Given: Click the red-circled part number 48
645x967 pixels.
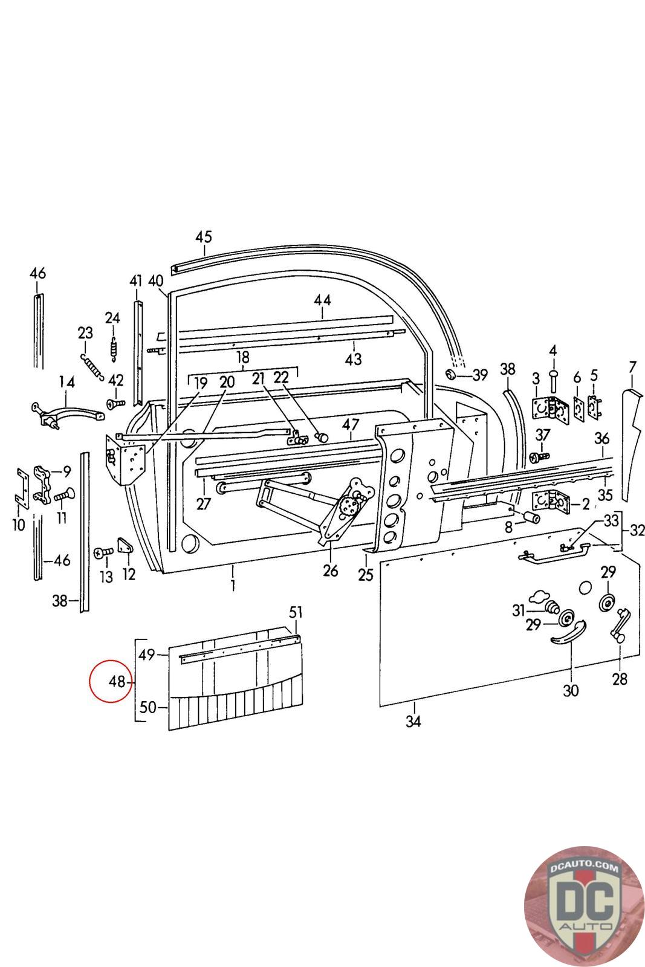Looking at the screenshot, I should click(x=117, y=682).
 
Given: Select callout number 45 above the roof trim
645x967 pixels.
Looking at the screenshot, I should click(x=204, y=236).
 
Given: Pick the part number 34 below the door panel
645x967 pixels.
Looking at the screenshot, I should click(x=413, y=721).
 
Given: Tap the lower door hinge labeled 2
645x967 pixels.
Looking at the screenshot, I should click(x=550, y=502).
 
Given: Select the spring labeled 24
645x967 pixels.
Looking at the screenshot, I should click(x=112, y=351).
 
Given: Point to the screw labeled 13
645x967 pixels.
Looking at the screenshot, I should click(x=104, y=552).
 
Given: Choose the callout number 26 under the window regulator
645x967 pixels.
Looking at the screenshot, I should click(x=330, y=570).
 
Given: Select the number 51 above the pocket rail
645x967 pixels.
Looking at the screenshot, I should click(x=295, y=613).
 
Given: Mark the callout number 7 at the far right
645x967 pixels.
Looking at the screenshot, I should click(x=632, y=367).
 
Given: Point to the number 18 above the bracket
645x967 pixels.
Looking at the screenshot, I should click(x=242, y=356).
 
